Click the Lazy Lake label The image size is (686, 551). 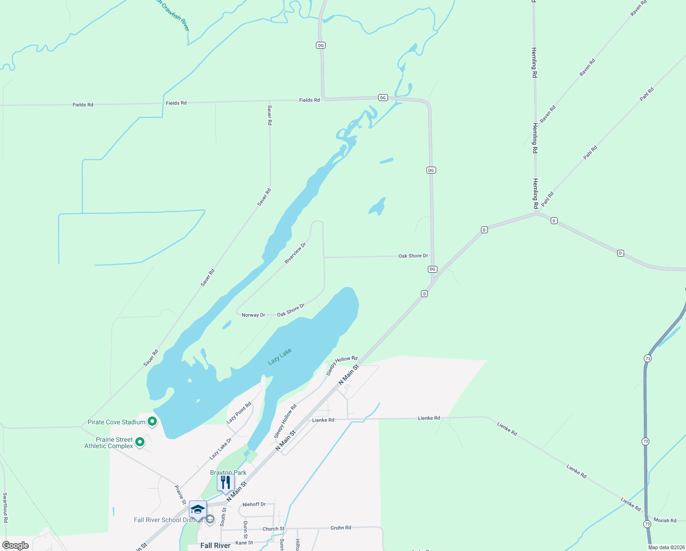pyautogui.click(x=280, y=356)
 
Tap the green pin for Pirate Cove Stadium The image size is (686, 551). pyautogui.click(x=152, y=421)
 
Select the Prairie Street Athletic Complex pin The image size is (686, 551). pyautogui.click(x=140, y=442)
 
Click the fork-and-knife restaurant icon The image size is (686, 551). pyautogui.click(x=226, y=483)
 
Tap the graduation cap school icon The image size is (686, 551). pyautogui.click(x=198, y=510)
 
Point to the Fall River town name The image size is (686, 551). pyautogui.click(x=215, y=545)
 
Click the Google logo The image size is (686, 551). pyautogui.click(x=16, y=545)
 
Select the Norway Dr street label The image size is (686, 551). pyautogui.click(x=253, y=315)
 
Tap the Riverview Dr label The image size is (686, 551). pyautogui.click(x=295, y=253)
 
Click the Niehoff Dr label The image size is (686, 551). pyautogui.click(x=254, y=504)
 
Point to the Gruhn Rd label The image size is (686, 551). pyautogui.click(x=341, y=528)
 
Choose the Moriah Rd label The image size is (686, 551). pyautogui.click(x=664, y=520)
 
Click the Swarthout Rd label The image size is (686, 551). pyautogui.click(x=5, y=507)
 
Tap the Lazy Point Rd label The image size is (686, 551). pyautogui.click(x=239, y=413)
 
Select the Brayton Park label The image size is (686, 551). pyautogui.click(x=228, y=472)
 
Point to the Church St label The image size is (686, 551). pyautogui.click(x=273, y=529)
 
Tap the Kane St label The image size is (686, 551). pyautogui.click(x=244, y=543)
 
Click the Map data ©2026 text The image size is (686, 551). pyautogui.click(x=666, y=547)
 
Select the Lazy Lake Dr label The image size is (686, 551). pyautogui.click(x=221, y=449)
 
